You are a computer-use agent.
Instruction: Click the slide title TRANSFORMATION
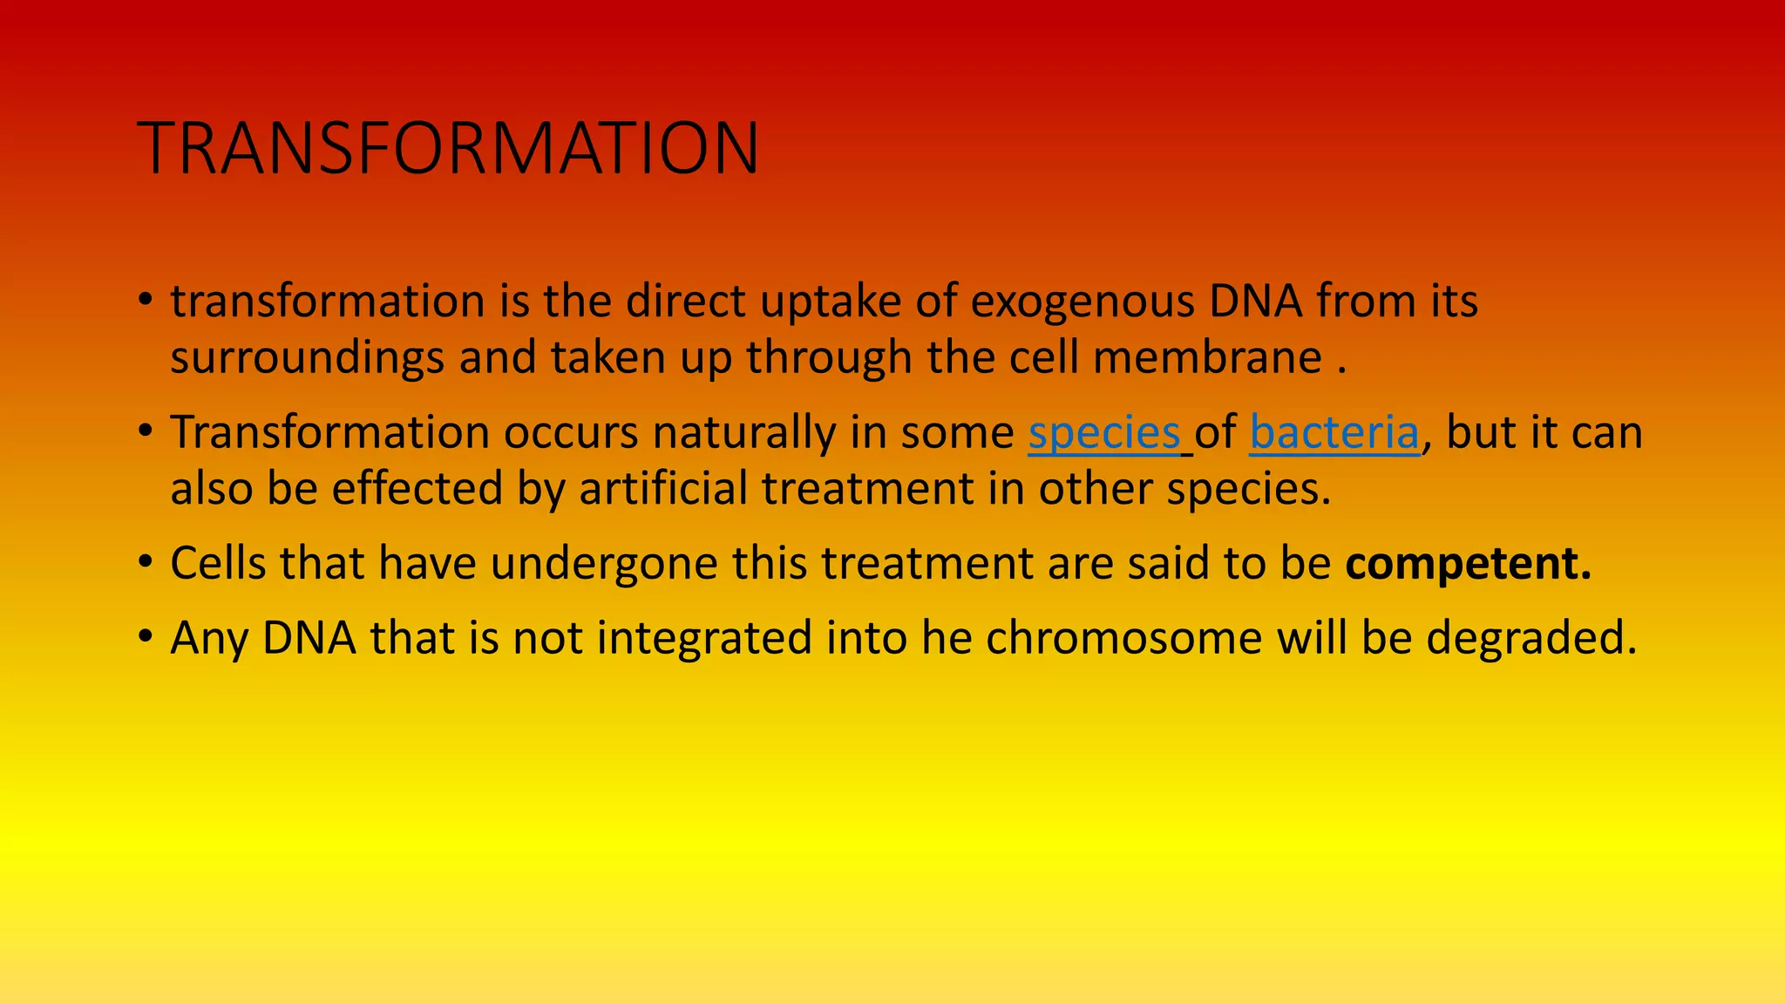448,148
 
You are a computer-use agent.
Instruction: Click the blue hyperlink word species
1103,433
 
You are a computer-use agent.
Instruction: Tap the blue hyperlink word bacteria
1334,433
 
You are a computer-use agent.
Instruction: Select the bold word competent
1468,564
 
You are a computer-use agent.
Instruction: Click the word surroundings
307,358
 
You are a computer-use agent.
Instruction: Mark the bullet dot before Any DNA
146,638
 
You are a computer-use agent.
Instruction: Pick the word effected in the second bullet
417,489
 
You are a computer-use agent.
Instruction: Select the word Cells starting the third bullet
218,564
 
